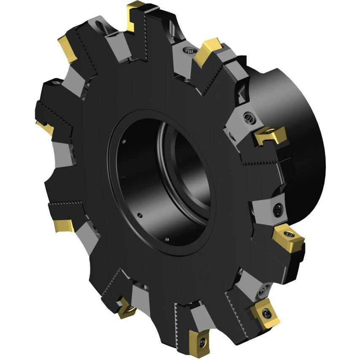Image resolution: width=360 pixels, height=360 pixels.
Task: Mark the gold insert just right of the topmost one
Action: point(207,51)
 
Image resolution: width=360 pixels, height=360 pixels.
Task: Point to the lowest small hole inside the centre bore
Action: point(167,241)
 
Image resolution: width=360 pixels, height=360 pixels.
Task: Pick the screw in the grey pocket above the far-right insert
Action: point(278,209)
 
